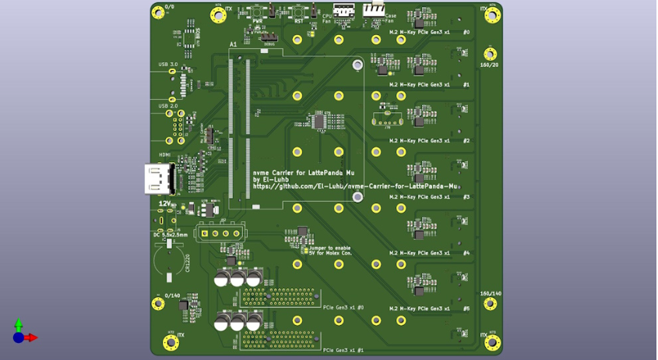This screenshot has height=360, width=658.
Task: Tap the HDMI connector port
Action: coord(158,178)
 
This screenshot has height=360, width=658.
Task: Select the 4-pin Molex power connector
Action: coord(220,232)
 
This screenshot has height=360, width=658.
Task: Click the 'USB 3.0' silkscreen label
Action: coord(168,64)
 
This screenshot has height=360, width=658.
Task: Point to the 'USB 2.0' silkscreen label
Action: coord(168,105)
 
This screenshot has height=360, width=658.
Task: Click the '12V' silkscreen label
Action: coord(165,203)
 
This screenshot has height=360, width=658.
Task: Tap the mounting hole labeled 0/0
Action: coord(158,12)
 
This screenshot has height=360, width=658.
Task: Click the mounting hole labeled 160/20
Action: coord(490,54)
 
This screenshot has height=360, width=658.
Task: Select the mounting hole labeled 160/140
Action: coord(490,303)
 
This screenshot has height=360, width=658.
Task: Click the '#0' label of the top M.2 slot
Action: coord(466,33)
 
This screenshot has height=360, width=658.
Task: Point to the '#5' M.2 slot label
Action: coord(466,309)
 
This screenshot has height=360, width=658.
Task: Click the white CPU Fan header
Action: coord(343,10)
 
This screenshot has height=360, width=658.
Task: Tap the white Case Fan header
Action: coord(374,9)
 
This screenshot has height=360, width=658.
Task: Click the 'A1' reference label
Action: coord(233,44)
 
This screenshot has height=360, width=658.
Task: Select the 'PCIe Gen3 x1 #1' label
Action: coord(343,350)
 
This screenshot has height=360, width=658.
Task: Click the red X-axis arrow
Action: coord(31,337)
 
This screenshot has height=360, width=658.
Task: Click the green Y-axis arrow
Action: coord(19,324)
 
